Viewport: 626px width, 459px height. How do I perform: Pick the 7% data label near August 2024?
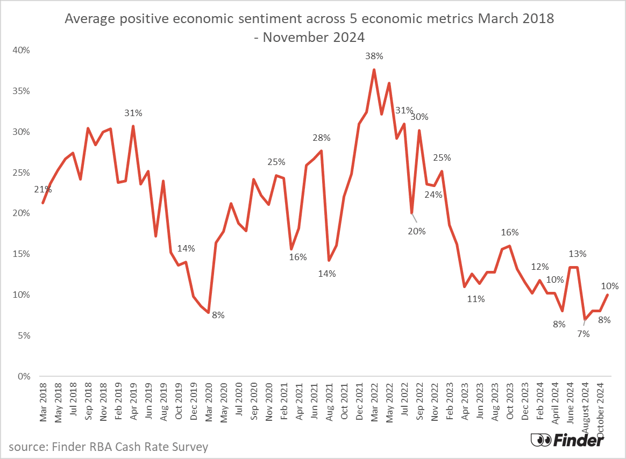coord(584,334)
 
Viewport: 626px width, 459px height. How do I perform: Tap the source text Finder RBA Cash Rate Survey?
coord(108,447)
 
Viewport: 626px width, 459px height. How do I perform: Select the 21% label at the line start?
coord(43,189)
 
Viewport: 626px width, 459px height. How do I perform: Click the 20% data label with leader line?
coord(417,231)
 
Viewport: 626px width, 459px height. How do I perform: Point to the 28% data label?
coord(322,138)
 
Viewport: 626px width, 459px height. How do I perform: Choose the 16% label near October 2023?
coord(510,232)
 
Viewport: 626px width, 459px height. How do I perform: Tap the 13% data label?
coord(578,254)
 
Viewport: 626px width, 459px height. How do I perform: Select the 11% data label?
coord(476,299)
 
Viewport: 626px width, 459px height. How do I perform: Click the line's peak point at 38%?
coord(374,69)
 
